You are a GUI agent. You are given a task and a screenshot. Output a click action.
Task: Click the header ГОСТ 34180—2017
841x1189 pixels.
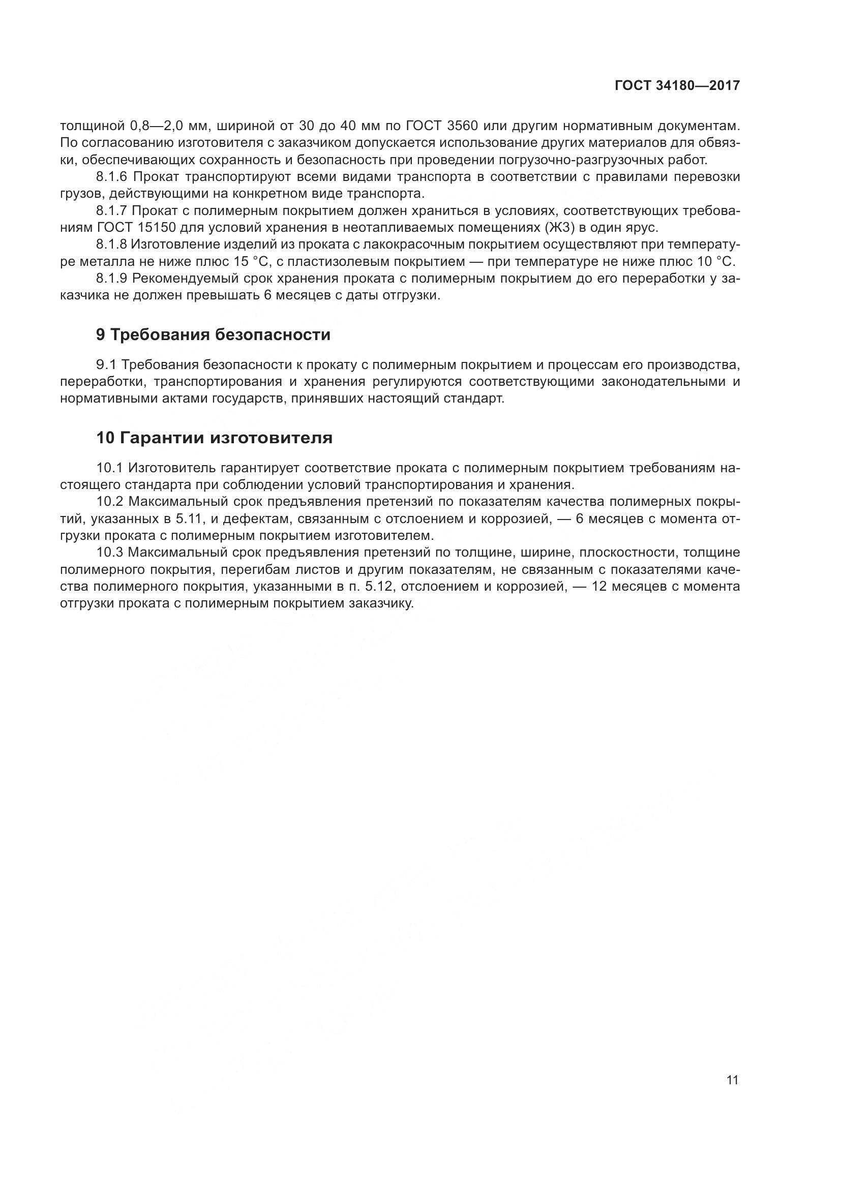[x=677, y=86]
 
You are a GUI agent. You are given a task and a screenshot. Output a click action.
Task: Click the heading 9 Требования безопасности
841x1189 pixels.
[x=213, y=334]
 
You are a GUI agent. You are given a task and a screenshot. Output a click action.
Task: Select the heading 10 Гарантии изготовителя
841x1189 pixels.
[x=214, y=438]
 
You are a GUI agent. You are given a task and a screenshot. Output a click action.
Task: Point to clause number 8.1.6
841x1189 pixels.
[x=111, y=177]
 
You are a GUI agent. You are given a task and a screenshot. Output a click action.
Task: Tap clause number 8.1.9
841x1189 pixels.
[x=111, y=278]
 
